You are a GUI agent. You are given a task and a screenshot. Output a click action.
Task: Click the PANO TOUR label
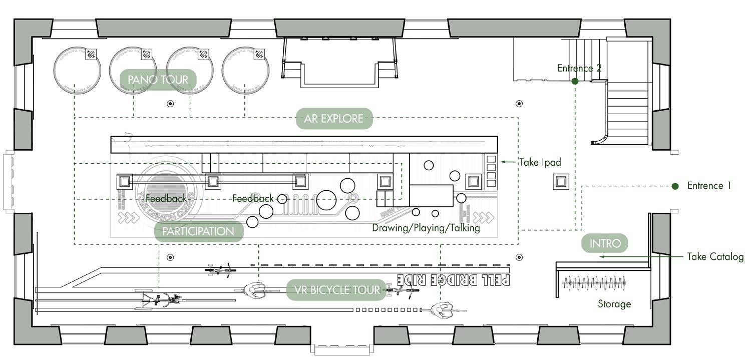pyautogui.click(x=158, y=80)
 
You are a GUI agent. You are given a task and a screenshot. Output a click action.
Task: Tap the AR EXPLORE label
pyautogui.click(x=334, y=119)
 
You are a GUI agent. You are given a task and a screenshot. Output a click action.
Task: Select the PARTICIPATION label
pyautogui.click(x=198, y=231)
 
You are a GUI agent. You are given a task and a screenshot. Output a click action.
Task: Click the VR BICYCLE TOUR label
pyautogui.click(x=336, y=289)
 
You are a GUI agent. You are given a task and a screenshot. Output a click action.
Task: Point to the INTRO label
pyautogui.click(x=605, y=244)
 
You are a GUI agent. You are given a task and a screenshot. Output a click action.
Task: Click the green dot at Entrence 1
pyautogui.click(x=675, y=186)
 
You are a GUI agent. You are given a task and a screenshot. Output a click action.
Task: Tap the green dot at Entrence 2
pyautogui.click(x=575, y=81)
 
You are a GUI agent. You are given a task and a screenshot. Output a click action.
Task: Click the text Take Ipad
pyautogui.click(x=540, y=162)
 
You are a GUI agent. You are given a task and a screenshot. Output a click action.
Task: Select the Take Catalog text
pyautogui.click(x=715, y=257)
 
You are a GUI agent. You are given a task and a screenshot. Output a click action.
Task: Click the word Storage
pyautogui.click(x=614, y=304)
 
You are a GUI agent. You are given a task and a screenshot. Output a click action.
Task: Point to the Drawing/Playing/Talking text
pyautogui.click(x=426, y=228)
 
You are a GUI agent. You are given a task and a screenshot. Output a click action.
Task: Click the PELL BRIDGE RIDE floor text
pyautogui.click(x=453, y=279)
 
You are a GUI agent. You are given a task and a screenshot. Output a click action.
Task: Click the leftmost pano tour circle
pyautogui.click(x=77, y=71)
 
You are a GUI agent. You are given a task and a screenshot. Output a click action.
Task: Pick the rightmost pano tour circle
pyautogui.click(x=245, y=71)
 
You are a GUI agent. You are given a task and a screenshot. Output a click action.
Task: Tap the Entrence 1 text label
pyautogui.click(x=709, y=186)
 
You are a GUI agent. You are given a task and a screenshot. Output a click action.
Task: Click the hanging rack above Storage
pyautogui.click(x=594, y=284)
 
